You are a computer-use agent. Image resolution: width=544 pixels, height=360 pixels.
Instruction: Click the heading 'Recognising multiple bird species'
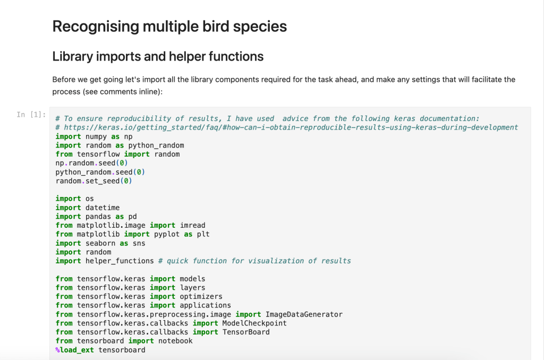[x=169, y=27]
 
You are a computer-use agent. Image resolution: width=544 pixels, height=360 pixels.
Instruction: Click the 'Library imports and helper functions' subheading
[x=158, y=56]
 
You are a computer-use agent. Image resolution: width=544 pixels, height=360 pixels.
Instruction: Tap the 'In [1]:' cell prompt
[x=31, y=115]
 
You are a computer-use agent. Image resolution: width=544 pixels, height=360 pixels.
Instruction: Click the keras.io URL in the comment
[x=291, y=127]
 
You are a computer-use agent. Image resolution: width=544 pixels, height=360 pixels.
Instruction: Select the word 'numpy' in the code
[x=96, y=136]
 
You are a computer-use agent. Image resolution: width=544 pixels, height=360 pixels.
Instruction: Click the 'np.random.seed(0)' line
[x=91, y=163]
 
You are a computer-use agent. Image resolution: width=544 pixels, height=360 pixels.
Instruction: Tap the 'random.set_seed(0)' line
[x=93, y=181]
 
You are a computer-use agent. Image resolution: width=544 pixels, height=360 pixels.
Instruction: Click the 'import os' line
[x=74, y=199]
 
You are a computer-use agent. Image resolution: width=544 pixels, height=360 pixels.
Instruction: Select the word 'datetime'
[x=103, y=208]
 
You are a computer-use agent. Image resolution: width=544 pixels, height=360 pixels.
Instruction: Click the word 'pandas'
[x=98, y=217]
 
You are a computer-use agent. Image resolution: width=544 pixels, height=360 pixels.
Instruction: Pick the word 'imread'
[x=192, y=226]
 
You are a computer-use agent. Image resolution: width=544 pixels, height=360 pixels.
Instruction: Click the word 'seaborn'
[x=100, y=243]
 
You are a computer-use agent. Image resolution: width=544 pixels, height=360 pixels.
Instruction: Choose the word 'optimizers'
[x=201, y=296]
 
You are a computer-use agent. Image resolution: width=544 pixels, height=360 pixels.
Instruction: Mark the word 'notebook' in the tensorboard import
[x=175, y=341]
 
